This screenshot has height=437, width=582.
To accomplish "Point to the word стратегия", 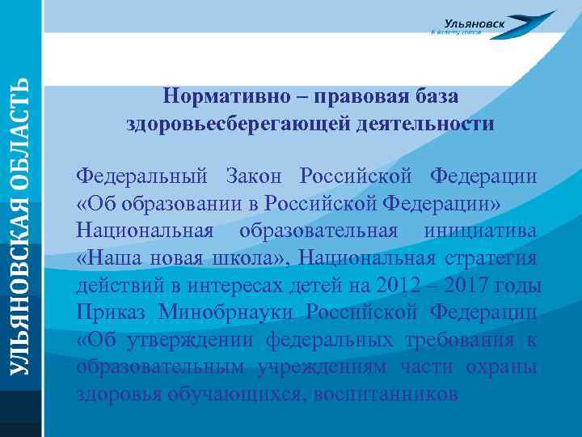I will (x=489, y=259).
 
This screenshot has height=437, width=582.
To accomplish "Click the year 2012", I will (x=394, y=286).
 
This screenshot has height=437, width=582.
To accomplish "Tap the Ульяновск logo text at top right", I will (x=475, y=24).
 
